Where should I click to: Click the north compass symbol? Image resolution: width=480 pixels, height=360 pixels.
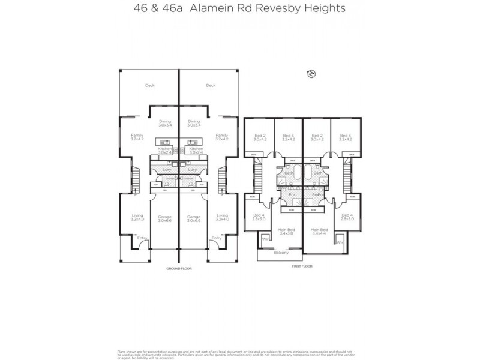tap(311, 74)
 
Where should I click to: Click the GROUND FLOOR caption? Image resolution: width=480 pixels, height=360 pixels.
tap(179, 269)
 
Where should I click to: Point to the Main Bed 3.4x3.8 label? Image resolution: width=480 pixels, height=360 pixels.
tap(285, 231)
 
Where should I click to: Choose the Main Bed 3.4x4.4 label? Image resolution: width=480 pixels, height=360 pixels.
tap(319, 231)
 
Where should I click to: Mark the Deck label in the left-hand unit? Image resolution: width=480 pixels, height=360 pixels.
tap(149, 86)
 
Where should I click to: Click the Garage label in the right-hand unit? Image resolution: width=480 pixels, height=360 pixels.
tap(194, 218)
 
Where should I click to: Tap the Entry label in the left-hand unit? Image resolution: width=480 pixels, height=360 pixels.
tap(142, 238)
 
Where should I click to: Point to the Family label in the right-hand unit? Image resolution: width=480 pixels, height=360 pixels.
tap(221, 137)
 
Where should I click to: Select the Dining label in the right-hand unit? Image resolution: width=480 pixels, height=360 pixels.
tap(193, 124)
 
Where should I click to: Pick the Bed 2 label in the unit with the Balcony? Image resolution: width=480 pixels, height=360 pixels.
tap(259, 137)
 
